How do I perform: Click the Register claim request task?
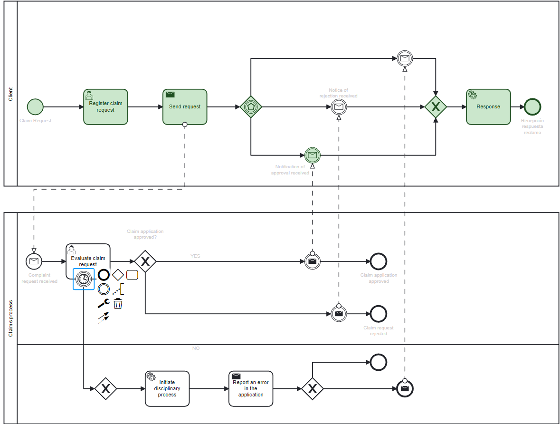pyautogui.click(x=105, y=107)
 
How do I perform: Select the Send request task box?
pyautogui.click(x=185, y=107)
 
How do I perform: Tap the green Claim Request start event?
pyautogui.click(x=35, y=107)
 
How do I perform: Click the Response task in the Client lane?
pyautogui.click(x=488, y=107)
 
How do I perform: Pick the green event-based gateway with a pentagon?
pyautogui.click(x=251, y=107)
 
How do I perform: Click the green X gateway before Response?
pyautogui.click(x=436, y=107)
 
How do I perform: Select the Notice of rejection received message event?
pyautogui.click(x=339, y=107)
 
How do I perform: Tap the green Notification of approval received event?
pyautogui.click(x=313, y=155)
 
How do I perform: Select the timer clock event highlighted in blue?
pyautogui.click(x=84, y=279)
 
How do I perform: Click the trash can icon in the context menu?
pyautogui.click(x=118, y=304)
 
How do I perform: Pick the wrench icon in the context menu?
pyautogui.click(x=104, y=304)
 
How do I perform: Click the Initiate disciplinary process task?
pyautogui.click(x=167, y=389)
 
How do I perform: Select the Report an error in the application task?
pyautogui.click(x=251, y=389)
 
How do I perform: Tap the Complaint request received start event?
pyautogui.click(x=34, y=261)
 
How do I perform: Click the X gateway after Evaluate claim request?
pyautogui.click(x=145, y=261)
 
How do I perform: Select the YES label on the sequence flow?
pyautogui.click(x=195, y=256)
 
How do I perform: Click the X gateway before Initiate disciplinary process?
pyautogui.click(x=106, y=389)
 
